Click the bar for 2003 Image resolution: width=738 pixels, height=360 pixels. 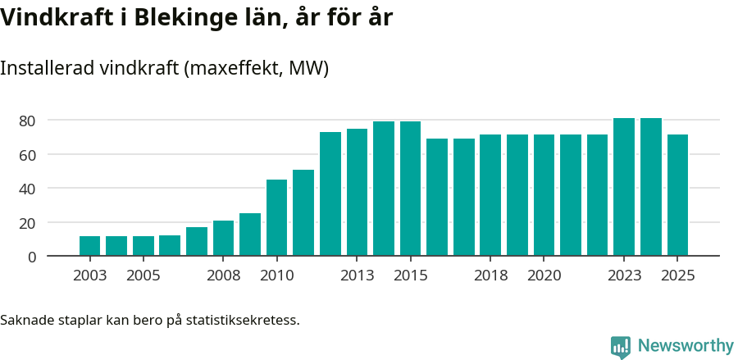coord(89,246)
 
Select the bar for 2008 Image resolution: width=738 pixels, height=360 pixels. coord(223,239)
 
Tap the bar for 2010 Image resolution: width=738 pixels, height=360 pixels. coord(276,218)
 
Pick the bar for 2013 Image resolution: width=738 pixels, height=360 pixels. coord(357,193)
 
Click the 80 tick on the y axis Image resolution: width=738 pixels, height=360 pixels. coord(27,121)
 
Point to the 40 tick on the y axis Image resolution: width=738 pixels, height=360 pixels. coord(27,189)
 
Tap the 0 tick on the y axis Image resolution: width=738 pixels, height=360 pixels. coord(31,257)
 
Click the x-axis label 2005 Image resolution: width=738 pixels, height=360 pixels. coord(143,276)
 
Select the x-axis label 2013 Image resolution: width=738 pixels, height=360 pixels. coord(357,276)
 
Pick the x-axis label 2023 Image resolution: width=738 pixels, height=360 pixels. coord(624,276)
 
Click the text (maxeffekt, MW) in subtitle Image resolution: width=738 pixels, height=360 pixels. coord(257,68)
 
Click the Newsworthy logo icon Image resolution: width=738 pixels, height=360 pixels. coord(621,347)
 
